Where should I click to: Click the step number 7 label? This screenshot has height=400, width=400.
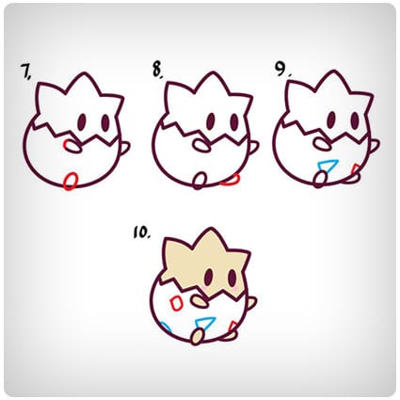[x=25, y=72]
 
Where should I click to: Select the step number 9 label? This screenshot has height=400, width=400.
[x=282, y=69]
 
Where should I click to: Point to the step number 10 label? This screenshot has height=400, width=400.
[x=141, y=232]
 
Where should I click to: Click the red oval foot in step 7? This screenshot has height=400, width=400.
[x=71, y=181]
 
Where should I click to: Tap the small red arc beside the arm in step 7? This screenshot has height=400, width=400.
[x=66, y=145]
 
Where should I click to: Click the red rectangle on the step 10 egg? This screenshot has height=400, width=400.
[x=176, y=303]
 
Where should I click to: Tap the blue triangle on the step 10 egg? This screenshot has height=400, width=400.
[x=206, y=322]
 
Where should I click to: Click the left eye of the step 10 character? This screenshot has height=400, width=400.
[x=209, y=276]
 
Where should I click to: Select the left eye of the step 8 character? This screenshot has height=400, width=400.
[x=212, y=120]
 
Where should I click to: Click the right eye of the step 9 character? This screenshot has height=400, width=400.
[x=355, y=119]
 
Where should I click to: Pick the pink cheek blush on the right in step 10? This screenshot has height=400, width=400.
[x=235, y=287]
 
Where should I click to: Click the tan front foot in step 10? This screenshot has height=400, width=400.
[x=197, y=337]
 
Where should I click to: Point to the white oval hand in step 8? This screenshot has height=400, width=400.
[x=201, y=144]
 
